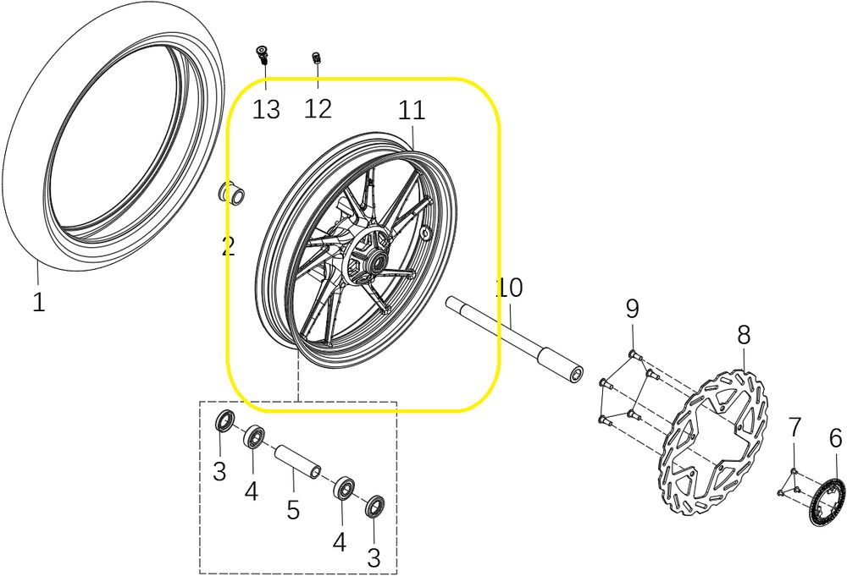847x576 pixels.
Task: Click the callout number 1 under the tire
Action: coord(38,303)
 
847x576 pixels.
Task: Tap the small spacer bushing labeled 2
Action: coord(231,193)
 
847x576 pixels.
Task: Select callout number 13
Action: coord(266,109)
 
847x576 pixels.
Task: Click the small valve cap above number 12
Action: coord(317,58)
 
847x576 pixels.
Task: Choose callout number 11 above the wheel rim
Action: coord(412,110)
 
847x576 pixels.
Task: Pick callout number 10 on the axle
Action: coord(509,288)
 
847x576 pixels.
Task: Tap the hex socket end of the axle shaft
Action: coord(576,374)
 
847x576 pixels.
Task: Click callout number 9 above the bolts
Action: coord(632,309)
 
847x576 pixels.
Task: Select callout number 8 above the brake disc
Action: coord(744,336)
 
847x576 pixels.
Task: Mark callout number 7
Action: coord(794,427)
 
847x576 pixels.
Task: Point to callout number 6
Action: coord(835,438)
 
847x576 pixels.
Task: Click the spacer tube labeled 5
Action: coord(298,460)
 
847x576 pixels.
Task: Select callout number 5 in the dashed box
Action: coord(293,510)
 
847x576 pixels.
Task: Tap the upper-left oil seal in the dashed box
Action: coord(225,420)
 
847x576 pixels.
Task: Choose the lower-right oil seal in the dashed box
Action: coord(375,506)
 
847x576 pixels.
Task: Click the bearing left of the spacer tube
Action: coord(253,436)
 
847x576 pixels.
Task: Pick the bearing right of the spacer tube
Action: coord(344,488)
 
